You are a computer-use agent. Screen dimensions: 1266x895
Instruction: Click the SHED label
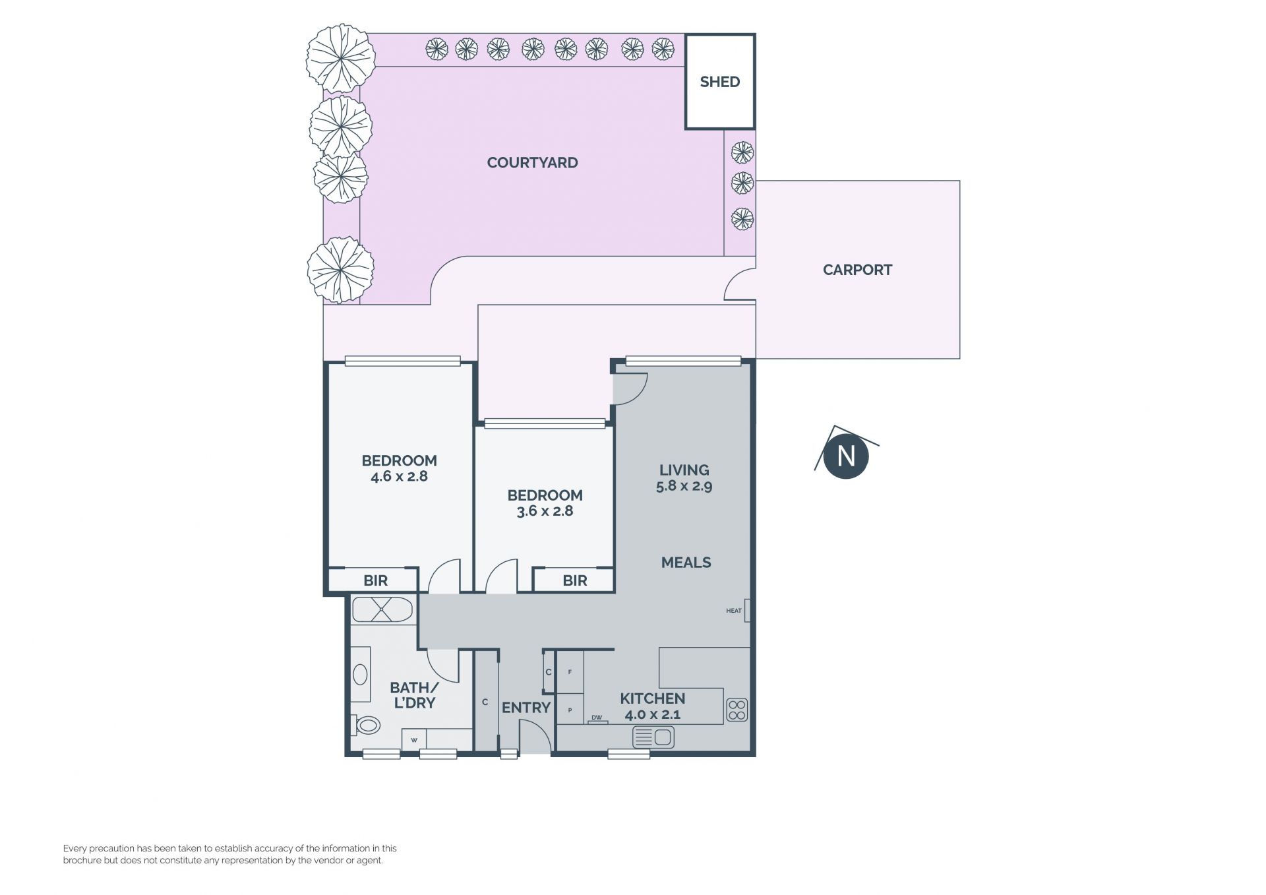pos(719,82)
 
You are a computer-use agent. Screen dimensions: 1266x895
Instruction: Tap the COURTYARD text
pos(532,163)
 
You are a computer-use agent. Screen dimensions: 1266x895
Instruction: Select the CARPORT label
pos(857,270)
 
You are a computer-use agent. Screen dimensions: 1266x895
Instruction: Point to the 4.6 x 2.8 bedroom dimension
pos(399,476)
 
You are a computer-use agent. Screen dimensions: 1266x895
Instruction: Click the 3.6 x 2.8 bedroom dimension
pos(545,511)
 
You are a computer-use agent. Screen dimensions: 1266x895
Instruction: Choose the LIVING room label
pos(684,470)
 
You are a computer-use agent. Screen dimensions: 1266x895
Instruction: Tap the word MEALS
pos(686,563)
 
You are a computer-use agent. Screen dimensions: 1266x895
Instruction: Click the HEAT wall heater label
pos(734,611)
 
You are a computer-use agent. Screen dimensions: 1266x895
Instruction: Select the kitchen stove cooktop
pos(737,710)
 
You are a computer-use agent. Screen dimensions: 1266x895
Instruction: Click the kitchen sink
pos(653,737)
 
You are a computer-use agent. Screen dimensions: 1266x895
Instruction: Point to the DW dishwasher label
pos(597,718)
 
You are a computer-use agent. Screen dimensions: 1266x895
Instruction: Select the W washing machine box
pos(414,739)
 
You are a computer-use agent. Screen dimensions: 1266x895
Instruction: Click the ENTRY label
pos(526,708)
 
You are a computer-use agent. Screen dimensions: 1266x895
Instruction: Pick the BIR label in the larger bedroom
pos(376,581)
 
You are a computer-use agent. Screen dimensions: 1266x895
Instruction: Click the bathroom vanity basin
pos(360,674)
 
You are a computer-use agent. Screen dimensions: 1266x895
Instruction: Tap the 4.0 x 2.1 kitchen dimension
pos(653,714)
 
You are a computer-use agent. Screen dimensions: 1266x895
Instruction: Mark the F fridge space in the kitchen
pos(570,672)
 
